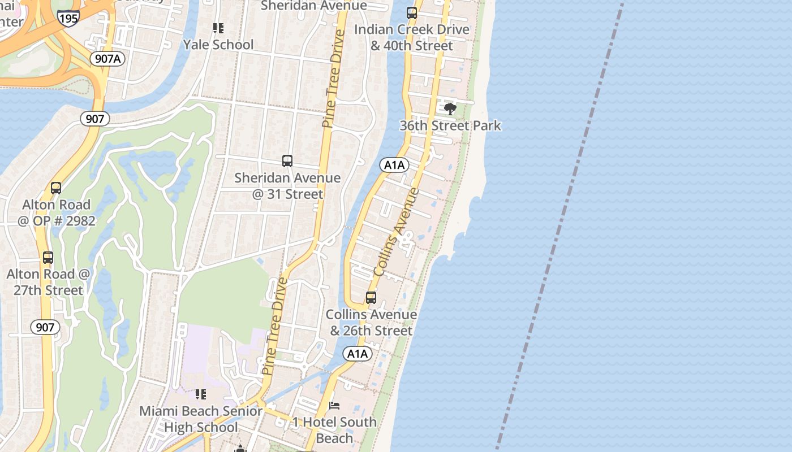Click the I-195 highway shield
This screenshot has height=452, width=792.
68,18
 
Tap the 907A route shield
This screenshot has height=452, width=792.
107,58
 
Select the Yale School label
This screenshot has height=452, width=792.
218,44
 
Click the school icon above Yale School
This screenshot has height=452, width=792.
218,28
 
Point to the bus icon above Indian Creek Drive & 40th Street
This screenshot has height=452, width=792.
412,12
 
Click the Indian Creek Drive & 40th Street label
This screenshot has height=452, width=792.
412,37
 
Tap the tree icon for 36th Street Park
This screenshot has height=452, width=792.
450,108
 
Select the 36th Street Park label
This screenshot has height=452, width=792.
450,125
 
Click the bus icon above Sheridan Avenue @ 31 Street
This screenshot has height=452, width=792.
287,161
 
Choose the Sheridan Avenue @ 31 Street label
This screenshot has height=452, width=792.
287,186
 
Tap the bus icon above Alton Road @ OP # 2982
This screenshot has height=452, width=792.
56,188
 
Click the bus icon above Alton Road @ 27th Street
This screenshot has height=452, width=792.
48,258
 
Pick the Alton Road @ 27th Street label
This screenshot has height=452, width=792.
48,282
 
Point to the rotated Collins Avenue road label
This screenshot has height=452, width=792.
397,232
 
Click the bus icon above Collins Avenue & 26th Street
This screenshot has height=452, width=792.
371,297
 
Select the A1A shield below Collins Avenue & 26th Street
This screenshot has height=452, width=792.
358,354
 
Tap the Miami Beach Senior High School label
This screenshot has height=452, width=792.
201,419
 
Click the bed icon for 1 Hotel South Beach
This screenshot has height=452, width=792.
334,405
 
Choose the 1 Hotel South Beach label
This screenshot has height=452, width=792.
334,429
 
